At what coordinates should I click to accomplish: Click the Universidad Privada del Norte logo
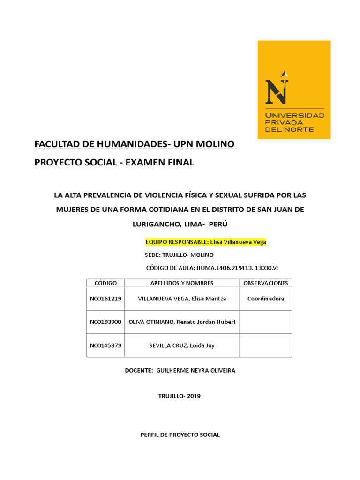coord(294,90)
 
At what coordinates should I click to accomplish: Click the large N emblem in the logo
coord(277,89)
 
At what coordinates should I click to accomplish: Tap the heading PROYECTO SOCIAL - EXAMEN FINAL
coord(114,163)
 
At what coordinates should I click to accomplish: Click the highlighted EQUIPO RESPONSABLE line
coord(206,242)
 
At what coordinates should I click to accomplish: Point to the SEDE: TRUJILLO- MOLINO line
coord(180,255)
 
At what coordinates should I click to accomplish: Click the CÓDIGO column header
coord(105,283)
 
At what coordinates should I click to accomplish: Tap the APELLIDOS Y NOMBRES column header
coord(181,283)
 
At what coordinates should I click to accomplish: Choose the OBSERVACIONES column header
coord(266,283)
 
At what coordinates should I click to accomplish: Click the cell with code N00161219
coord(105,299)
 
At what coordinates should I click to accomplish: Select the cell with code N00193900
coord(105,322)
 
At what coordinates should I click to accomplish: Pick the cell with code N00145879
coord(105,345)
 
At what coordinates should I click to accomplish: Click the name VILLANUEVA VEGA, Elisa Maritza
coord(181,299)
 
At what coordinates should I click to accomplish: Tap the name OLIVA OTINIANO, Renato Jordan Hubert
coord(181,322)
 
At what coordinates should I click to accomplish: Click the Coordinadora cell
coord(266,299)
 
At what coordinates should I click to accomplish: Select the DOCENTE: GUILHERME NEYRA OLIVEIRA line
coord(180,370)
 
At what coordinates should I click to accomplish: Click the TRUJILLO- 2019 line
coord(180,396)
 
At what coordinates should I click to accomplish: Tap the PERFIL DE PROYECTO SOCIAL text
coord(180,435)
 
